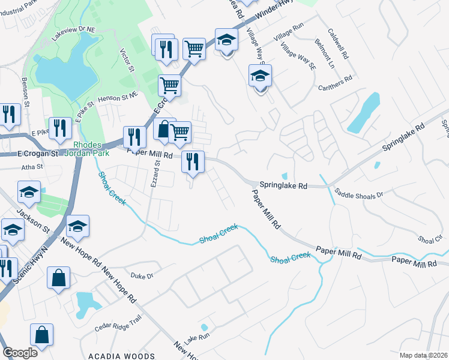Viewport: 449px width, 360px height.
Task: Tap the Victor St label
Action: click(127, 59)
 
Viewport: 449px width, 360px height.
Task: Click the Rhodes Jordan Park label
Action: click(95, 149)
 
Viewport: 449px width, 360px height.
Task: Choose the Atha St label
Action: click(32, 167)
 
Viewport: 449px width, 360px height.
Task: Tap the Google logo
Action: click(20, 353)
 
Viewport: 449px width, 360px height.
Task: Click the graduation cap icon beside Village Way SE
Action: click(260, 77)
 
